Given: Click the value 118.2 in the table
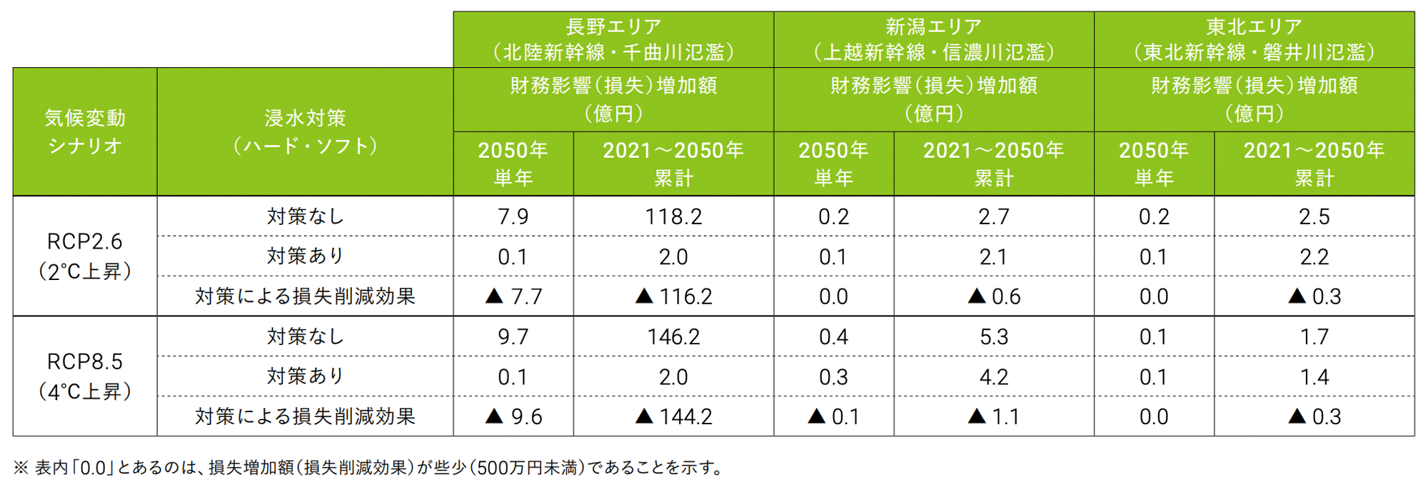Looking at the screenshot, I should pos(673,216).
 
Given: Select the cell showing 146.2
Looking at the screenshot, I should pos(673,336).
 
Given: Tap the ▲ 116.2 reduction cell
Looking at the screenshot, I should pos(673,296).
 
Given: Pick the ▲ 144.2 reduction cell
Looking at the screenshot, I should pos(673,416).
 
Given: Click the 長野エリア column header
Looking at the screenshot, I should pos(613,39).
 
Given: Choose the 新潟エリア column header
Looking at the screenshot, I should pos(933,39).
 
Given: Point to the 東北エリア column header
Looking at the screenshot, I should pos(1254,39).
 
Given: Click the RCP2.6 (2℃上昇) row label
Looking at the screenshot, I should pos(85,256).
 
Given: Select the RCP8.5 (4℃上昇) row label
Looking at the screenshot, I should pos(85,376).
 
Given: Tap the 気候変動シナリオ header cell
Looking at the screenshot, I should pos(85,131).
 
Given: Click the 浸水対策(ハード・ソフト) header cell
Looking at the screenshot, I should pos(305,131).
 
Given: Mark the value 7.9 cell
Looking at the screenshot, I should pos(513,216).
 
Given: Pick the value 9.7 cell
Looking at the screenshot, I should pos(513,336).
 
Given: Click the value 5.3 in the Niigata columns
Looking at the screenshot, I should pos(993,336).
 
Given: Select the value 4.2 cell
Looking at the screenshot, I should pos(993,376).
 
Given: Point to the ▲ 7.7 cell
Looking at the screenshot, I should pos(513,296).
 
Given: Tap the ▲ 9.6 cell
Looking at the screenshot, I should pos(513,416).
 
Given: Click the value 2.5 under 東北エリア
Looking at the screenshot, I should pos(1314,216).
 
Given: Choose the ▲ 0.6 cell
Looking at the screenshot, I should pos(993,296).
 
